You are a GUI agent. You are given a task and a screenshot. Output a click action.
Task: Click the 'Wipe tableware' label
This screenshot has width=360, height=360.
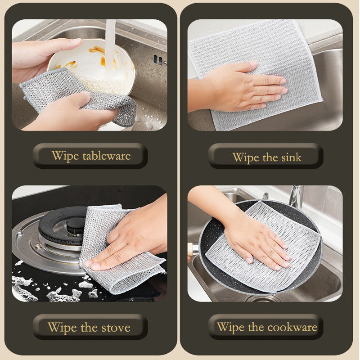(x=90, y=156)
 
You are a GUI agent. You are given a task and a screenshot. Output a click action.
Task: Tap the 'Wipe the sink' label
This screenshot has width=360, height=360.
(x=266, y=157)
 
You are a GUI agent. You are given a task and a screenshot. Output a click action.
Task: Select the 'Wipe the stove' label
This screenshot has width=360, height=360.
(x=89, y=327)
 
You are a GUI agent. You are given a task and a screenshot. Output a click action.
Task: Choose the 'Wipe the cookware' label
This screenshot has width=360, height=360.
(x=267, y=327)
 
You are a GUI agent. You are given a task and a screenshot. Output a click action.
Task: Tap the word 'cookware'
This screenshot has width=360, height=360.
(x=292, y=327)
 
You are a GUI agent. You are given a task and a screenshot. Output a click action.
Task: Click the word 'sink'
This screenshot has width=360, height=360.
(x=292, y=157)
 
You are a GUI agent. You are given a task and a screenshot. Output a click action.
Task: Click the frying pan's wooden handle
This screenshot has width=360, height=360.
(x=192, y=248)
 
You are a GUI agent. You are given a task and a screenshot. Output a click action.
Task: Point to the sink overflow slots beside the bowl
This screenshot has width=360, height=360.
(x=157, y=58)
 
